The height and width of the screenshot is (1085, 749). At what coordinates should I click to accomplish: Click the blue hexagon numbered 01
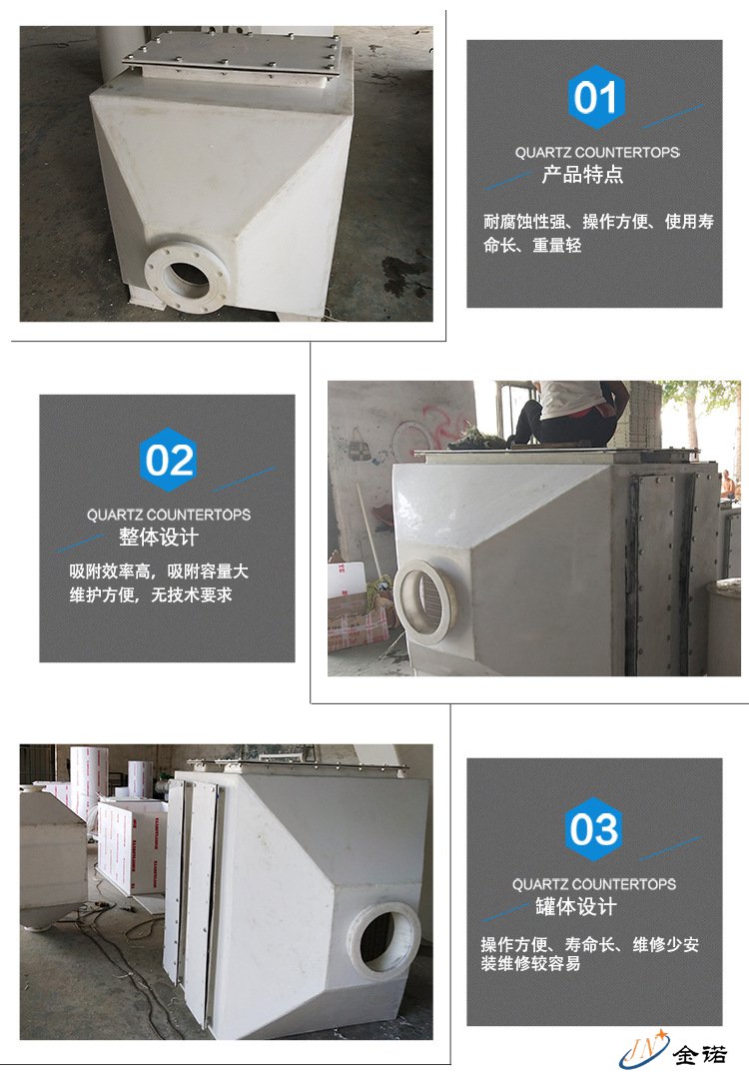pos(596,98)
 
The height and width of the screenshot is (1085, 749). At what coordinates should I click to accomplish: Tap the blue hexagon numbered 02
pos(168,460)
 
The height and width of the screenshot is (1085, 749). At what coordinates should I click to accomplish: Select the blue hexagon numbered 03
pos(594,829)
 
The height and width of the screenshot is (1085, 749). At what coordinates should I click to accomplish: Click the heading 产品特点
pos(582,175)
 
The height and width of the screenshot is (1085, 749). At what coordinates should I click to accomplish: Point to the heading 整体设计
pos(159,537)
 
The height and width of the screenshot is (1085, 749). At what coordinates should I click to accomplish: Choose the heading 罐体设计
pos(575,906)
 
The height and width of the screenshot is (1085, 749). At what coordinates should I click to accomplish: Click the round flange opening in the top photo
pos(188,276)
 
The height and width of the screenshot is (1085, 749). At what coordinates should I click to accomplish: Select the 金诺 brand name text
pos(700,1054)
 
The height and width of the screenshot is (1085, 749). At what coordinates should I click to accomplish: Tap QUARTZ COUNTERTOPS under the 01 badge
pos(597,152)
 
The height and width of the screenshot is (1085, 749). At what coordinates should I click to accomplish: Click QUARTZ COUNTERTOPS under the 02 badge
pos(168,515)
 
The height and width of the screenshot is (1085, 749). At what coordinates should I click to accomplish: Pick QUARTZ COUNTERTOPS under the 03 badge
pos(594,884)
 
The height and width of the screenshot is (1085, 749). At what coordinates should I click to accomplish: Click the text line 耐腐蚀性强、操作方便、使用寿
pos(598,222)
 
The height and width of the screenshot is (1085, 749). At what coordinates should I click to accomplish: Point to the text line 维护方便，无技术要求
pos(150,595)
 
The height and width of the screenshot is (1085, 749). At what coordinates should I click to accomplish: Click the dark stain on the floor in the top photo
pos(404,274)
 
